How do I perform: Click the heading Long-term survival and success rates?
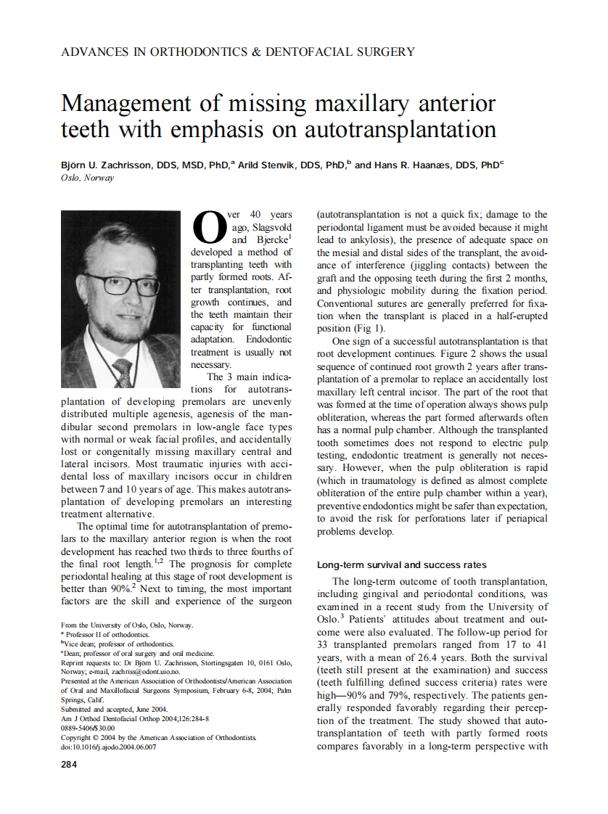(x=402, y=564)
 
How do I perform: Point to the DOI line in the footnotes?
(x=108, y=746)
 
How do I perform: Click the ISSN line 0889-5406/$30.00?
(x=88, y=728)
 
